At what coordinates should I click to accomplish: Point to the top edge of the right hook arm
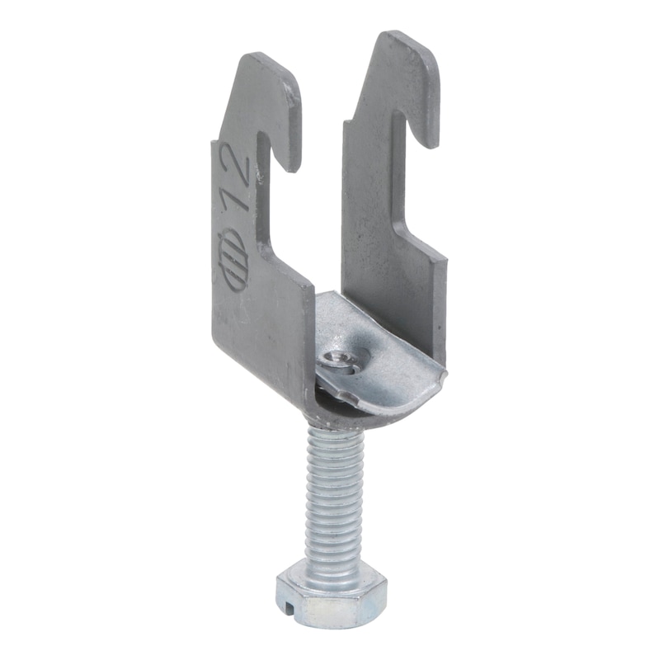[x=403, y=38]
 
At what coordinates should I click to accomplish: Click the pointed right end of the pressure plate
[x=444, y=375]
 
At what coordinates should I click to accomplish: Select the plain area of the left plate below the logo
[x=256, y=338]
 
